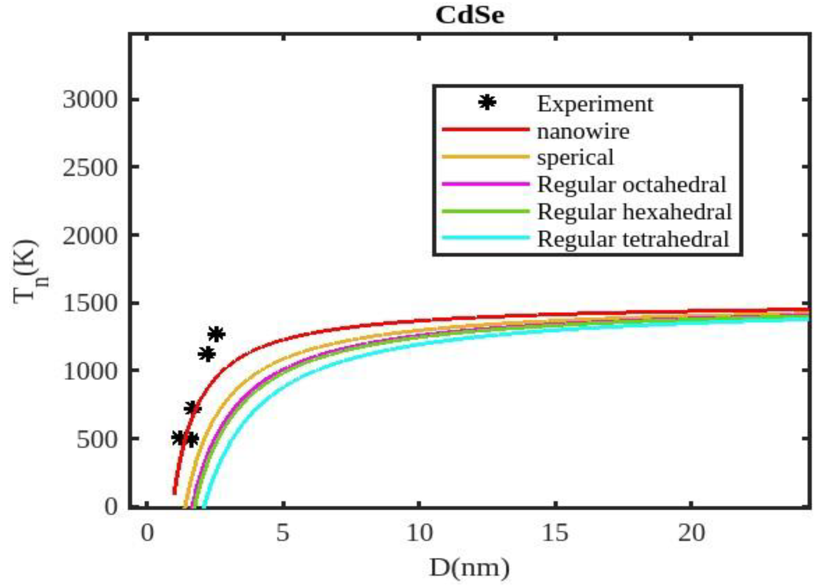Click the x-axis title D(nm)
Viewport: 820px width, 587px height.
click(470, 568)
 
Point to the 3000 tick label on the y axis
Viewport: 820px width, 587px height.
click(90, 99)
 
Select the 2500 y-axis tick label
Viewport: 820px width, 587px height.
click(90, 167)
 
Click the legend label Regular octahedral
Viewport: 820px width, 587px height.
click(632, 185)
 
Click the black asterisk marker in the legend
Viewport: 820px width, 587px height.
click(487, 103)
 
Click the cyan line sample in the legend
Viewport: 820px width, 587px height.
click(486, 238)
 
